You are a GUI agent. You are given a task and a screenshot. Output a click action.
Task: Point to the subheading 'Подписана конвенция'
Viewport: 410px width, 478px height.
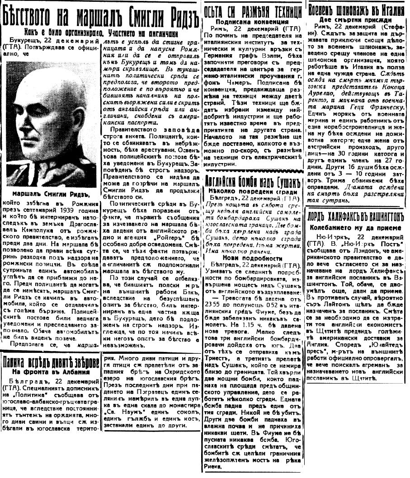coord(252,21)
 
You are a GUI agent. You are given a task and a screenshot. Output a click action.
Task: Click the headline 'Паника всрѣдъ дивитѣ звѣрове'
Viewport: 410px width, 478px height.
coord(51,362)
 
